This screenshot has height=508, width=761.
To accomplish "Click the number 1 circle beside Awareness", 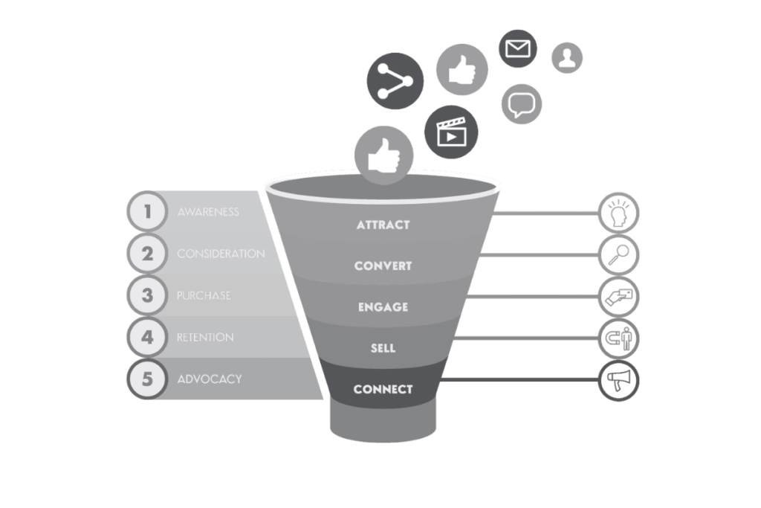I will (148, 211).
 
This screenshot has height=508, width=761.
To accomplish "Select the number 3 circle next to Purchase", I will (148, 295).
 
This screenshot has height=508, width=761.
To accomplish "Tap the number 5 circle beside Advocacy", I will (148, 379).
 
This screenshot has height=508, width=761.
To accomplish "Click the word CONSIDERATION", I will (221, 254).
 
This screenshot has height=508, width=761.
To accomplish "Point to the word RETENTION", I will (205, 337).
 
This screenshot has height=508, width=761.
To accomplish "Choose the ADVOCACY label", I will (210, 379).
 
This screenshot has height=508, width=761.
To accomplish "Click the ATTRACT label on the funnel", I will (383, 225).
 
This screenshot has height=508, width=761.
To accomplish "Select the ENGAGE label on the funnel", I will (383, 306).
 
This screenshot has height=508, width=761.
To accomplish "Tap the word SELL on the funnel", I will (383, 347).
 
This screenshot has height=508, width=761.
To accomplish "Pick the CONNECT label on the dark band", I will (383, 389).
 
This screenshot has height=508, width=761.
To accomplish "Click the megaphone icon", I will (618, 380).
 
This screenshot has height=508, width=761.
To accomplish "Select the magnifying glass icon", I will (618, 254).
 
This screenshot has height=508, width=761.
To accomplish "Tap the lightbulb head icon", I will (618, 213).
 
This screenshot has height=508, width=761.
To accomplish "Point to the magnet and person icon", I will (618, 338).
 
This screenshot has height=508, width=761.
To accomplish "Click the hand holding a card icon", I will (618, 296).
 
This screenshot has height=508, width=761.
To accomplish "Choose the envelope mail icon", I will (517, 49).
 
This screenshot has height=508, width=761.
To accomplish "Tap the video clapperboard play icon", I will (451, 132).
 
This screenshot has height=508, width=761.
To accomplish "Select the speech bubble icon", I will (522, 103).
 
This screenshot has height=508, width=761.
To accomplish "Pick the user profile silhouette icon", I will (567, 57).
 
